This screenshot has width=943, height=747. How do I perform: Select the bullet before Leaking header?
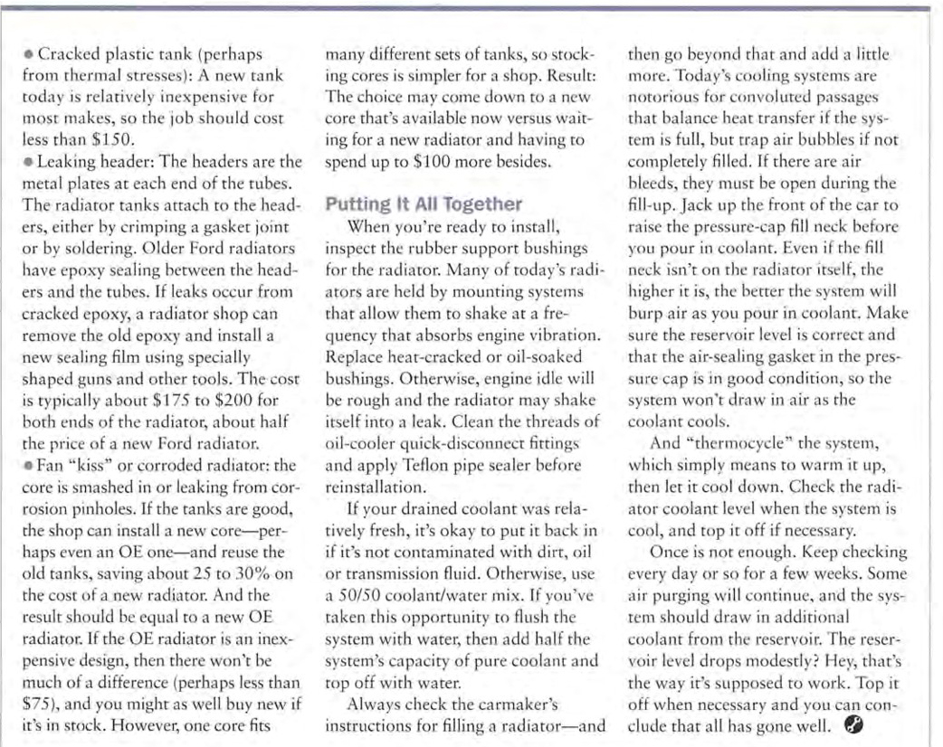click(29, 164)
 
